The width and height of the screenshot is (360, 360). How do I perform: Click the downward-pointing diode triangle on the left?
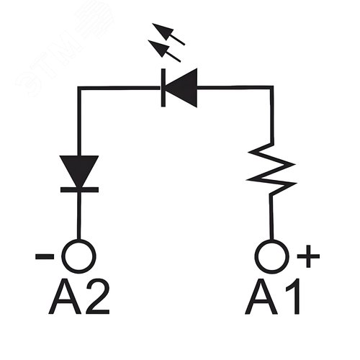point(78,171)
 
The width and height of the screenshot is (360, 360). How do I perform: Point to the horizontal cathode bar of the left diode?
point(78,189)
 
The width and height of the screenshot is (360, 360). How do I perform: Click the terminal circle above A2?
point(78,255)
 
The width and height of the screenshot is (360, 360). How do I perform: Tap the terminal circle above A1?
point(272,255)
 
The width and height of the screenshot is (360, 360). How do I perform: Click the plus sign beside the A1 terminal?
point(308,256)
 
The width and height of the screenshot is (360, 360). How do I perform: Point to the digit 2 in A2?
point(97,297)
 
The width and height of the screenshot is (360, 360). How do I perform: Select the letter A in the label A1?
point(261,297)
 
